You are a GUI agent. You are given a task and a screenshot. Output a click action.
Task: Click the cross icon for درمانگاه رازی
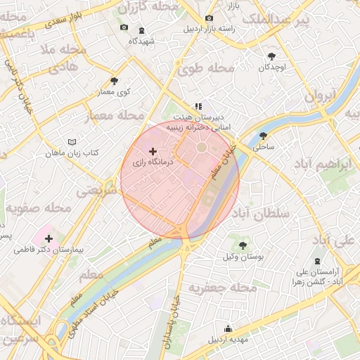[153, 151]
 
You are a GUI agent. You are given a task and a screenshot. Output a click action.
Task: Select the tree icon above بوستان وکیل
[243, 245]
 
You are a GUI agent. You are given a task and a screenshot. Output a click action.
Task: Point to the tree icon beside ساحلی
[264, 136]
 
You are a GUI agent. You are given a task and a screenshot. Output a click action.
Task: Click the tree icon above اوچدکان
[272, 56]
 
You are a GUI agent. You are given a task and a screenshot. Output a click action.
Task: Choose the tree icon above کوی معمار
[115, 81]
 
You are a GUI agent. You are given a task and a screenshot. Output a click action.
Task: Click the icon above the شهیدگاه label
[142, 30]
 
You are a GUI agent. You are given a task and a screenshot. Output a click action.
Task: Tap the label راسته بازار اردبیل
[209, 30]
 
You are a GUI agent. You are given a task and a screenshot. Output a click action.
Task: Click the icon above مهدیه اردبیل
[228, 328]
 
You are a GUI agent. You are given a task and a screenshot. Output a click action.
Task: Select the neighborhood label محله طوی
[205, 68]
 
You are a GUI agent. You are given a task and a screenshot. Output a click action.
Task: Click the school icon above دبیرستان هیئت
[207, 105]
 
